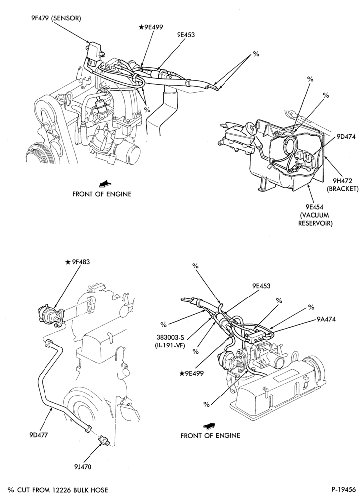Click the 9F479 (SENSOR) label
tap(54, 19)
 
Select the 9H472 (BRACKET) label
tap(342, 185)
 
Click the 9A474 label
tap(326, 319)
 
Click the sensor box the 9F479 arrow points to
tap(94, 50)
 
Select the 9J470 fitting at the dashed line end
tap(104, 440)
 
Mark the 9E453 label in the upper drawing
tap(185, 35)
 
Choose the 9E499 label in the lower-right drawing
tap(192, 373)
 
